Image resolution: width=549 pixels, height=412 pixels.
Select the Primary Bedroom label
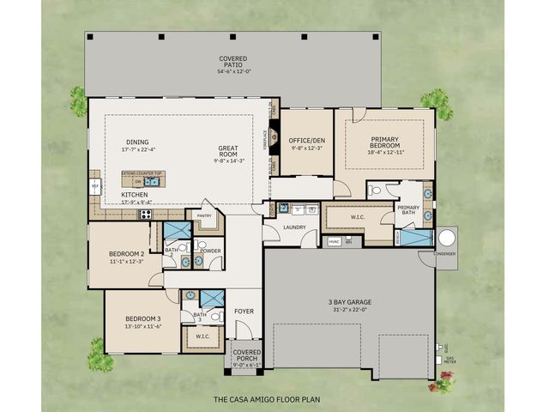click(383, 142)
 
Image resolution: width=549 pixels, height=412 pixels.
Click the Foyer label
click(244, 312)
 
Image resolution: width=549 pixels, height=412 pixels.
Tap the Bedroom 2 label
click(126, 255)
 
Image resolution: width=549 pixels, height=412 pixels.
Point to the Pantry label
click(204, 215)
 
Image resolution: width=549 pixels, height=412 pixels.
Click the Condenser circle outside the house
click(446, 237)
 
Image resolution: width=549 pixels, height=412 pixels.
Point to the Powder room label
click(210, 251)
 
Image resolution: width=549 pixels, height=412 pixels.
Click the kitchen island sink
click(152, 182)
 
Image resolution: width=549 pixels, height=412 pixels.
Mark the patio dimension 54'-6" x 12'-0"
click(233, 71)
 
